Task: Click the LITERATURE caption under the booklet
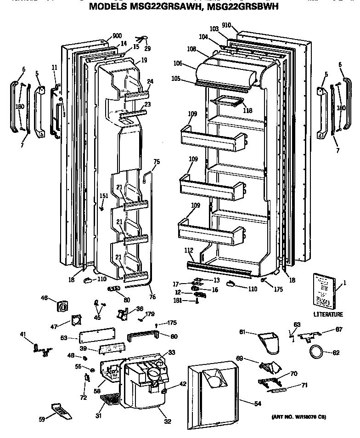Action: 328,315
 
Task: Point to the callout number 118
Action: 248,111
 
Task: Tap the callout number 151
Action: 104,196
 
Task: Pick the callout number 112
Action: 189,250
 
